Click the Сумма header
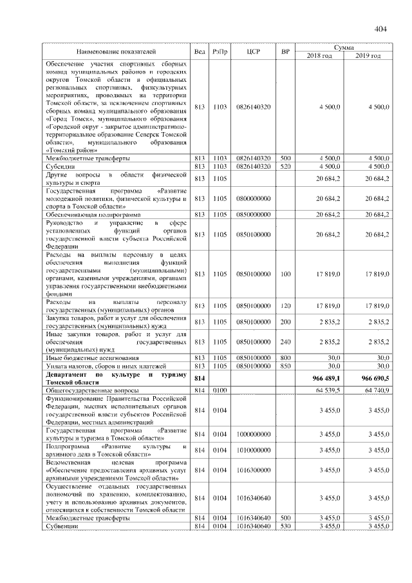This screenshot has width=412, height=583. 343,47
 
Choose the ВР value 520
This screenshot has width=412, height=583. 286,166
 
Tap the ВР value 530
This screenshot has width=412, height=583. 286,526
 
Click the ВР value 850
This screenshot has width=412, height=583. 286,366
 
